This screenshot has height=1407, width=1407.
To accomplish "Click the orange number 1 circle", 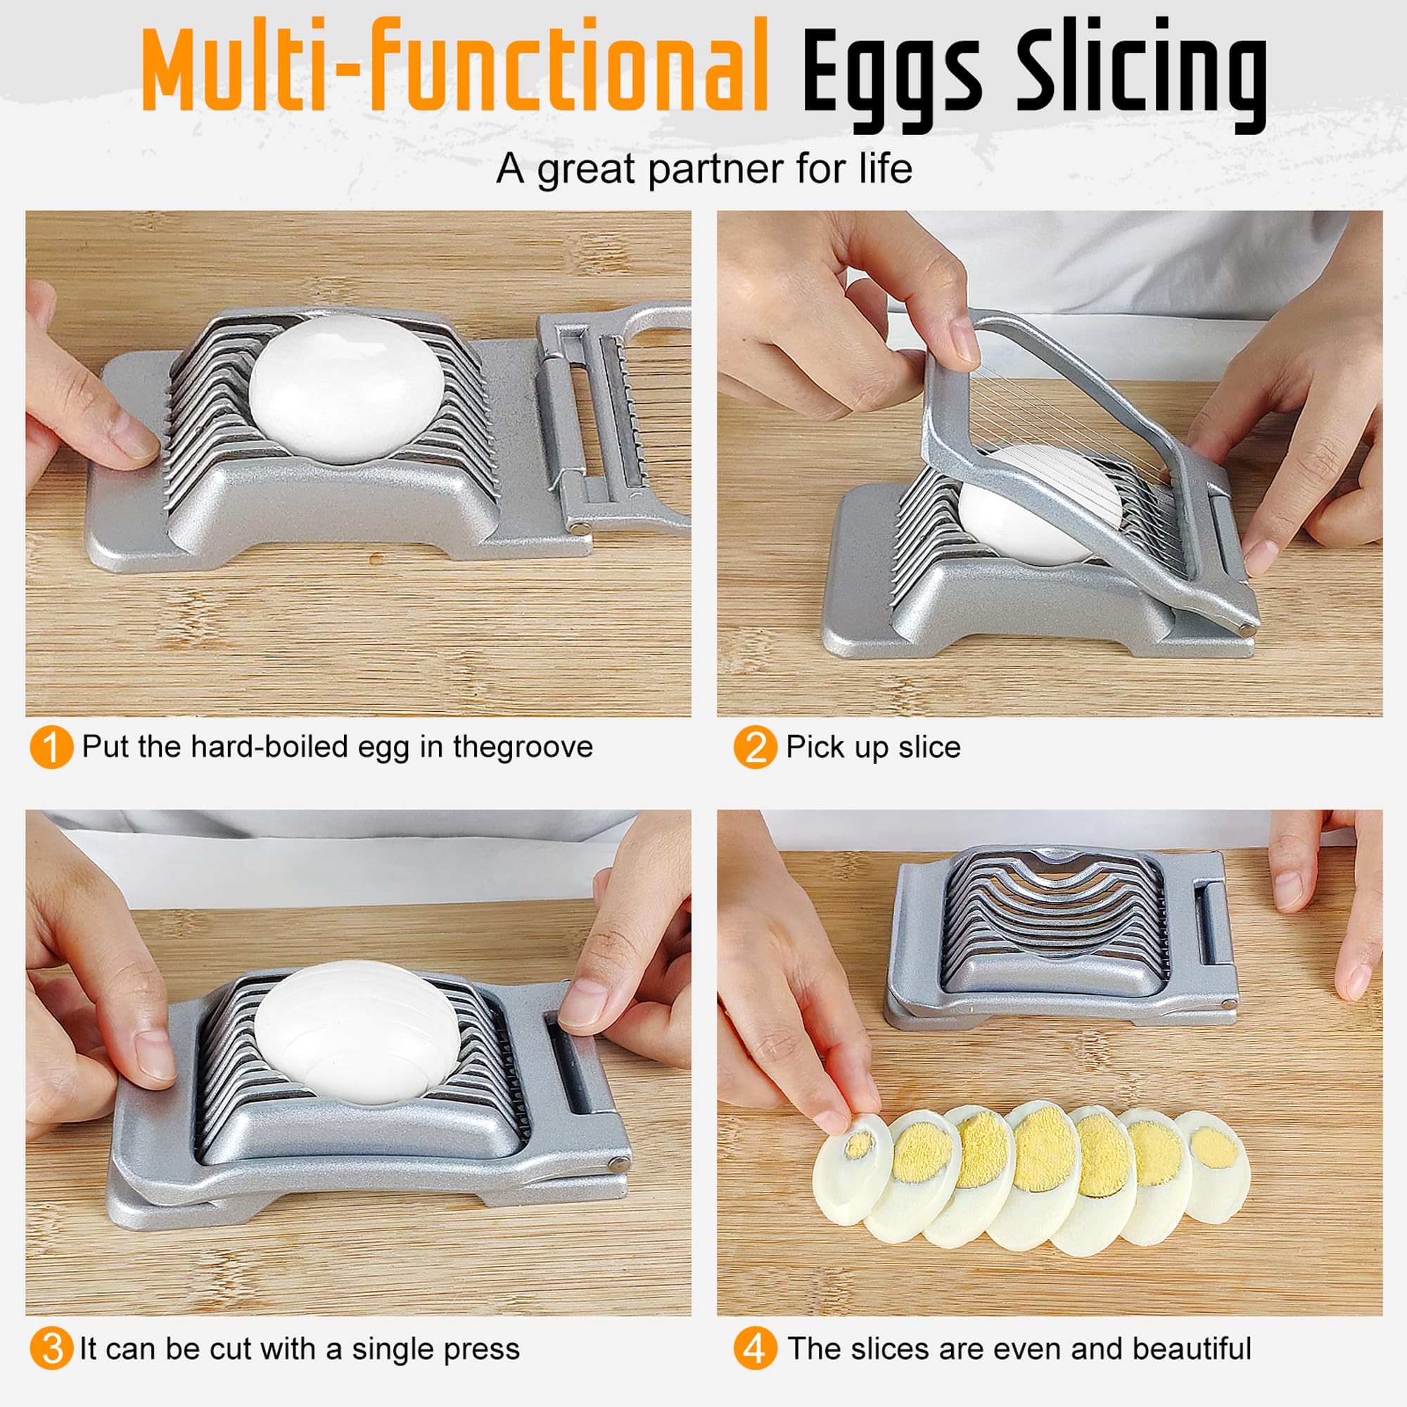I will [51, 747].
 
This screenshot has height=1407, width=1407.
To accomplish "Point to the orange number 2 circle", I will [755, 747].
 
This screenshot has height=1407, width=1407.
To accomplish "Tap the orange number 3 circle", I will [51, 1349].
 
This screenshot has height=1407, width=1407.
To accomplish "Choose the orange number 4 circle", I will [755, 1349].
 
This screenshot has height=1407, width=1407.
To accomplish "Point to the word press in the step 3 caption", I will [483, 1349].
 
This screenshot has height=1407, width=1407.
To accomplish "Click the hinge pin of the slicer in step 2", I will [1248, 625].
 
